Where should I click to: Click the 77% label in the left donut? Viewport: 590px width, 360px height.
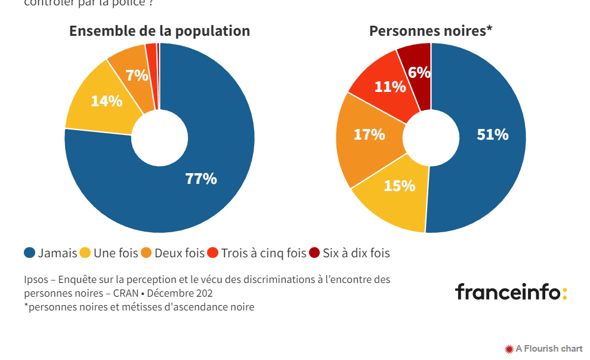coord(200,179)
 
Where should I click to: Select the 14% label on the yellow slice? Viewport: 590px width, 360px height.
coord(106,101)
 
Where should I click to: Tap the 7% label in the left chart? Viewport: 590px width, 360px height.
coord(137,76)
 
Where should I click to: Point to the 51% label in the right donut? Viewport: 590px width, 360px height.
coord(492,134)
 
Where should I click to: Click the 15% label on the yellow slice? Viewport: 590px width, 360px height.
coord(399,186)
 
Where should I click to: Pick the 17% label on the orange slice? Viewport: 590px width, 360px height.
coord(369,134)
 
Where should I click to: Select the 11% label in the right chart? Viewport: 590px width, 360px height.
coord(390,87)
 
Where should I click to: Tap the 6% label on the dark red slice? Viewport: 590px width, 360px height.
coord(419,72)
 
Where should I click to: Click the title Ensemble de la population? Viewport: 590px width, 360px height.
coord(159,31)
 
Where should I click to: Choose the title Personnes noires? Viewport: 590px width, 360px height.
coord(430,31)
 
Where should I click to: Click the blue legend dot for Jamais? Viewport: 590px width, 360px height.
coord(29,253)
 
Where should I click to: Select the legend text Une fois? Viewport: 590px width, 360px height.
coord(116,253)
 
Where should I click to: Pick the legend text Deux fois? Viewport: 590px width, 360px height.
coord(179,253)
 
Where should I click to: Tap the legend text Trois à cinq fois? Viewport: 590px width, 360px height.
coord(263,253)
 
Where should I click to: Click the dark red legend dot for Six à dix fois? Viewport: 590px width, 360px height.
coord(315,253)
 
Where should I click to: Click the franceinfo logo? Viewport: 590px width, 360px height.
coord(511,292)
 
